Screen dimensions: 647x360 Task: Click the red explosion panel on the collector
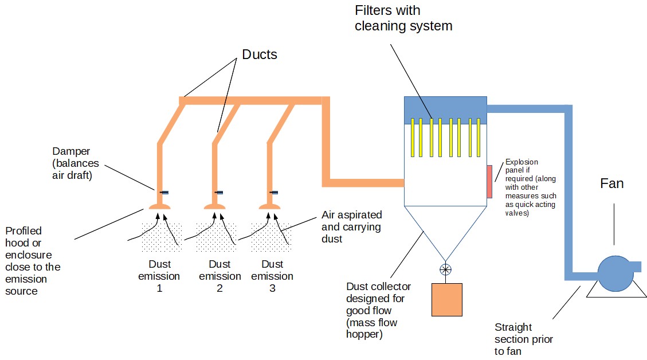click(489, 182)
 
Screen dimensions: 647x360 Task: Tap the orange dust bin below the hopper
click(447, 300)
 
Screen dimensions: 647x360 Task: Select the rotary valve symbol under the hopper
click(445, 269)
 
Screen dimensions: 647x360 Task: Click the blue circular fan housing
click(615, 273)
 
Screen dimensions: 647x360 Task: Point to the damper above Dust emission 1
click(164, 193)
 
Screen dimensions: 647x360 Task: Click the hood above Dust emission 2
click(214, 206)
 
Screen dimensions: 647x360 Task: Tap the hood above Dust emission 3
click(269, 206)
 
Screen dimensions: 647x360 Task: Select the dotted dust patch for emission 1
click(162, 237)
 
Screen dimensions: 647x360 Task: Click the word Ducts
click(260, 54)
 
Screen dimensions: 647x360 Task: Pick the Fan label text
click(612, 183)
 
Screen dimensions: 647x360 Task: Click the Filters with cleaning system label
click(403, 18)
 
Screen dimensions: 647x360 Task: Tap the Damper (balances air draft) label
click(76, 163)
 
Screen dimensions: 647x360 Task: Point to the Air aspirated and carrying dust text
click(351, 226)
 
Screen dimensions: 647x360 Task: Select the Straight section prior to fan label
click(524, 339)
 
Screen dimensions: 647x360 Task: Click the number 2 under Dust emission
click(219, 288)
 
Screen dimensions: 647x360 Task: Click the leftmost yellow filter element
click(413, 138)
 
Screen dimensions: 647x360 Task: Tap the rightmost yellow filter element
click(479, 138)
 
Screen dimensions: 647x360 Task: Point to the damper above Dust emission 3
click(273, 193)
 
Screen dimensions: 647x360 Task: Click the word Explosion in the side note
click(521, 162)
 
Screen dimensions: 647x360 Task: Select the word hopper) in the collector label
click(364, 334)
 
